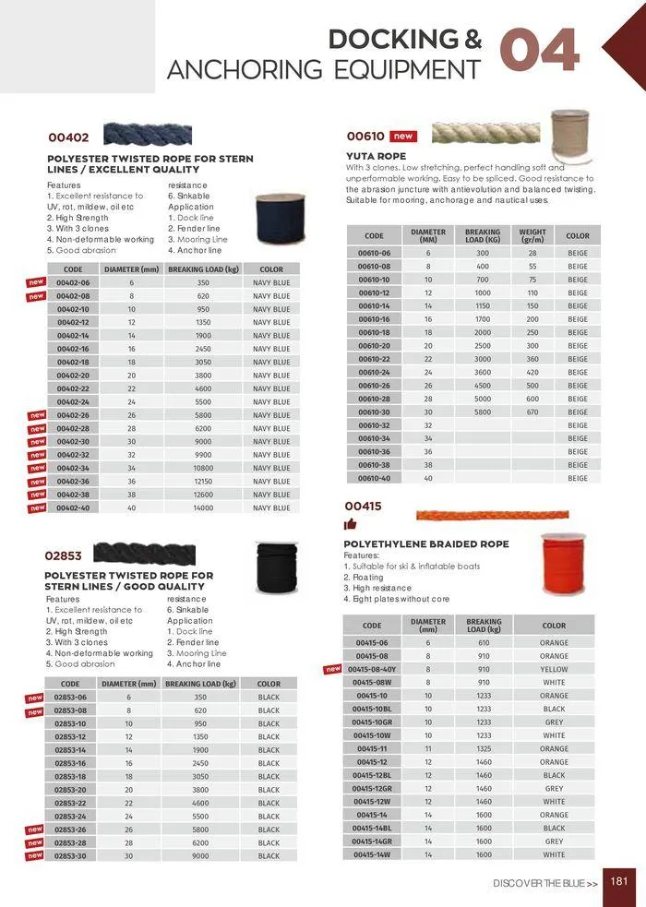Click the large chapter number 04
(x=540, y=51)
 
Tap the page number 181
(x=619, y=881)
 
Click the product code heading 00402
(x=68, y=137)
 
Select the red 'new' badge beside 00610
(x=402, y=136)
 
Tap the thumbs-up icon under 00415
(x=351, y=525)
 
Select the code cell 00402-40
(x=73, y=507)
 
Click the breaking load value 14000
(x=202, y=507)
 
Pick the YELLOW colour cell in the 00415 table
(x=554, y=669)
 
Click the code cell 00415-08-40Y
(x=371, y=669)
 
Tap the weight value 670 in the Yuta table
(x=532, y=412)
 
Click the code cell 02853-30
(x=70, y=855)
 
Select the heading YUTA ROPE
(x=376, y=157)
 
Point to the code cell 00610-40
(x=374, y=478)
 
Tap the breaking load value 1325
(x=484, y=749)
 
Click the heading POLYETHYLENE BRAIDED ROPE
(x=425, y=544)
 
